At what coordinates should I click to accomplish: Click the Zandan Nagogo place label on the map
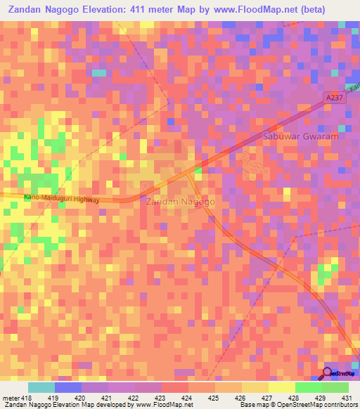180,202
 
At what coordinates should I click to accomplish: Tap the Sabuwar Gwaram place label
300,136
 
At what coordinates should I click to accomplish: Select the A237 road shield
334,98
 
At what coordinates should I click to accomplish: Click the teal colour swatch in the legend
41,387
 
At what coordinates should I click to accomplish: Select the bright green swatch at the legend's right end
335,387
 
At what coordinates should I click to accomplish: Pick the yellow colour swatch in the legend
282,387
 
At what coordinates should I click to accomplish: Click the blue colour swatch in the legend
68,387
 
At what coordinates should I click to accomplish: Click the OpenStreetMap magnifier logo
327,373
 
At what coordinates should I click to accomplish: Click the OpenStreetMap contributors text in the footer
316,405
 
